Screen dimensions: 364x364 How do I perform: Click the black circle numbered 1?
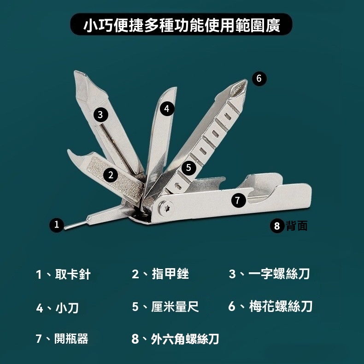[x=56, y=225]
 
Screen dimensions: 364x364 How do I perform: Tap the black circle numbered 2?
[x=111, y=175]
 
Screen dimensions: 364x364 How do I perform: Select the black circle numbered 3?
[x=100, y=114]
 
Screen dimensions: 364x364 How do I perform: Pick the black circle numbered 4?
[x=167, y=109]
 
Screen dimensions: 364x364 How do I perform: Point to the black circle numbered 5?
[x=188, y=167]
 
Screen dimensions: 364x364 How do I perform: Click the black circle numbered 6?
[x=259, y=78]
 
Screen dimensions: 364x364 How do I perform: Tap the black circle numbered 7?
[x=238, y=200]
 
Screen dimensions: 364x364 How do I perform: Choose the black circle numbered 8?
[x=277, y=226]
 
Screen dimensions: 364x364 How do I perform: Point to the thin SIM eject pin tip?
[x=65, y=229]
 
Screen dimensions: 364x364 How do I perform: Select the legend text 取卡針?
[x=73, y=274]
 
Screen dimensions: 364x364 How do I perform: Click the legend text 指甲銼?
[x=170, y=274]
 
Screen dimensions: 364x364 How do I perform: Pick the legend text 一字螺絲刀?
[x=279, y=274]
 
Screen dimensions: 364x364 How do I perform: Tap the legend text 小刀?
[x=67, y=308]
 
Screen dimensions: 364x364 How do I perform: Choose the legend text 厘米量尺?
[x=175, y=307]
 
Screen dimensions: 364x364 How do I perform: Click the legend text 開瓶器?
[x=71, y=339]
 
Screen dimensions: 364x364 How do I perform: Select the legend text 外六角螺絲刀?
[x=185, y=339]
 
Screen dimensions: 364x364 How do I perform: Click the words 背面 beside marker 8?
[x=297, y=226]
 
